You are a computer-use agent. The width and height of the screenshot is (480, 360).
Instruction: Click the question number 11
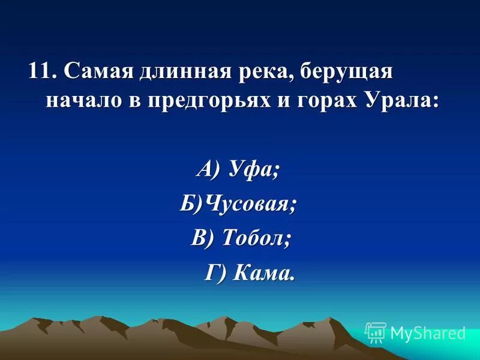click(x=39, y=72)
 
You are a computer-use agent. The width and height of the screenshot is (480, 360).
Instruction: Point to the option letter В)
click(x=204, y=238)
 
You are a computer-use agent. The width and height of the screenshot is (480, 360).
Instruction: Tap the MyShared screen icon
click(x=376, y=332)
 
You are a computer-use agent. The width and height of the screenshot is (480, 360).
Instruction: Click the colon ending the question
click(x=434, y=101)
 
